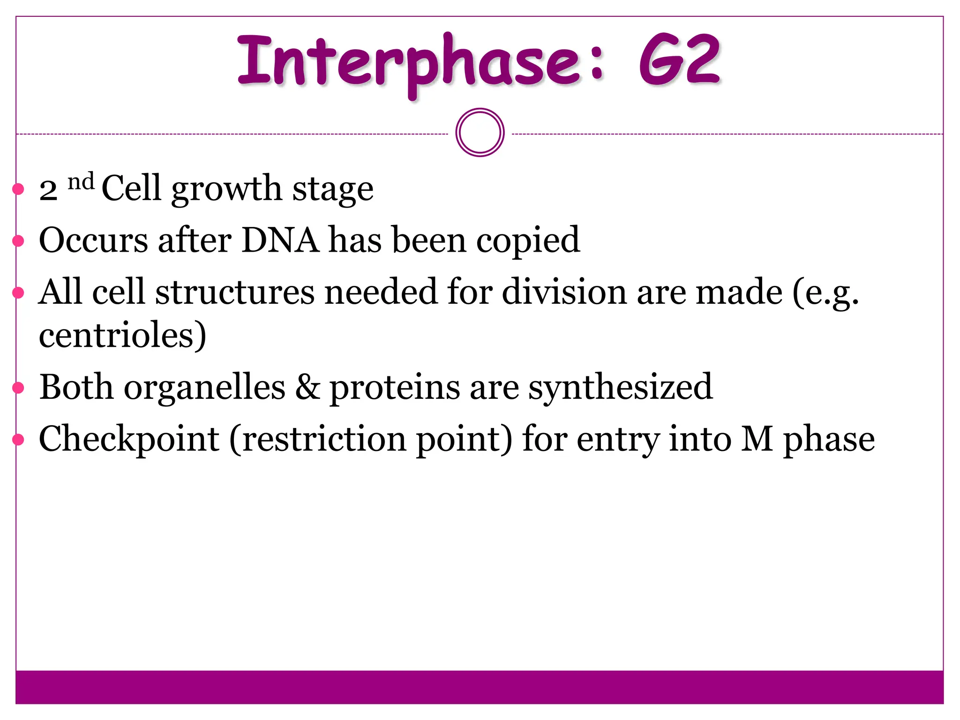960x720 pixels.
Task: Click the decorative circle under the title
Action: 480,133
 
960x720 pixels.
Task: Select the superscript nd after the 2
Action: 81,181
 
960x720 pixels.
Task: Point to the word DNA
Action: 280,240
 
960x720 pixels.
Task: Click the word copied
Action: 528,241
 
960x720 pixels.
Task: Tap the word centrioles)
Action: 123,336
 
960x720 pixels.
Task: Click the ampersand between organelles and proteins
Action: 307,387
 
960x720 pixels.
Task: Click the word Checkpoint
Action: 129,440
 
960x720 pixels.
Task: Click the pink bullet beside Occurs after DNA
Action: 18,241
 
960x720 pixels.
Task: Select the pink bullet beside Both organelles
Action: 18,388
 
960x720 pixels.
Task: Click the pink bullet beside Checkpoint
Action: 18,439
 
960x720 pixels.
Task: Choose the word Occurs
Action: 93,240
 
